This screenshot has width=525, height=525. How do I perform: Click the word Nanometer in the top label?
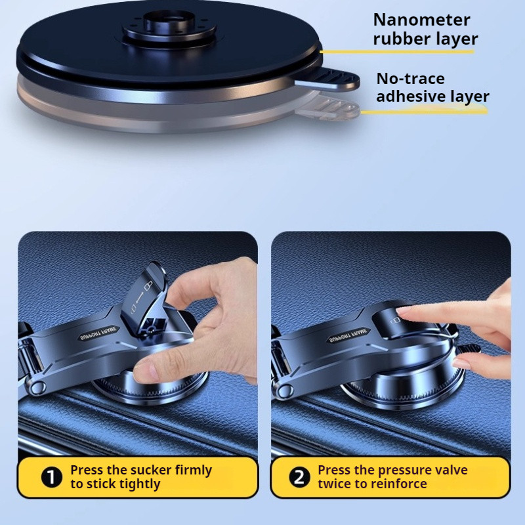[x=421, y=20]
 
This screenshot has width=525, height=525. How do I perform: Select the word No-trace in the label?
[x=411, y=79]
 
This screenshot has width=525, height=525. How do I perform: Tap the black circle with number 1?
[x=52, y=477]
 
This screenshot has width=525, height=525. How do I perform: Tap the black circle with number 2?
[x=299, y=477]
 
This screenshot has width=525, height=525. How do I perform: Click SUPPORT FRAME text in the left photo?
[x=98, y=333]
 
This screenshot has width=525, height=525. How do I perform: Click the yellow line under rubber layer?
[x=397, y=52]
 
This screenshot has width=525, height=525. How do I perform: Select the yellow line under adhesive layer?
[x=424, y=111]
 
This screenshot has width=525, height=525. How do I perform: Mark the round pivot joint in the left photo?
[x=37, y=387]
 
